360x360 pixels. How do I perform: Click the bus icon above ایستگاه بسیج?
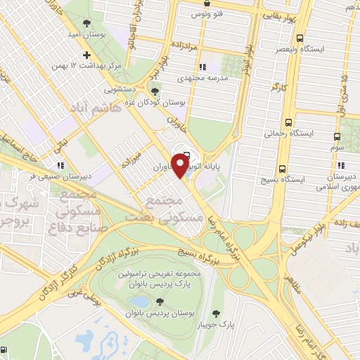click(282, 169)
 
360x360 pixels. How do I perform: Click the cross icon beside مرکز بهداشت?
click(87, 55)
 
